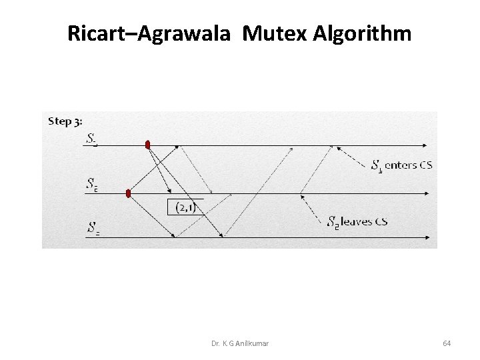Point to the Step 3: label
click(x=65, y=121)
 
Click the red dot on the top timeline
click(x=147, y=145)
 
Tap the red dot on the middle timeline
click(x=129, y=193)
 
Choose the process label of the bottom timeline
click(x=93, y=228)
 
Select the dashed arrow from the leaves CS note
click(x=314, y=208)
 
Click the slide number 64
click(x=447, y=343)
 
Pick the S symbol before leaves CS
click(x=333, y=222)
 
